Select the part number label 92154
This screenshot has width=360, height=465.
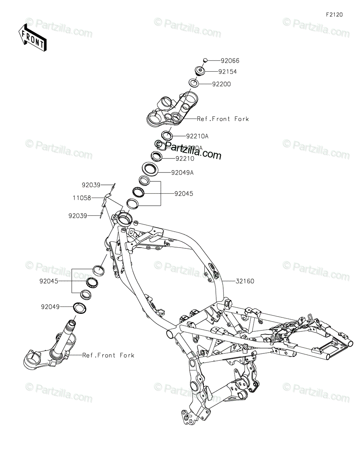pyautogui.click(x=238, y=72)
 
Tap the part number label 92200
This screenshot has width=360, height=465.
pyautogui.click(x=232, y=84)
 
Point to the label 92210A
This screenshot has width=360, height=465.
pyautogui.click(x=197, y=136)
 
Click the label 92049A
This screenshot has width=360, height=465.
pyautogui.click(x=182, y=173)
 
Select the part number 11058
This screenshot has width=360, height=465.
pyautogui.click(x=81, y=198)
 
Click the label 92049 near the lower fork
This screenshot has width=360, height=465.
pyautogui.click(x=50, y=307)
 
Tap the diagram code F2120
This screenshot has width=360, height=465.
pyautogui.click(x=334, y=15)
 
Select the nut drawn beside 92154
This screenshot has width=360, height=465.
pyautogui.click(x=200, y=71)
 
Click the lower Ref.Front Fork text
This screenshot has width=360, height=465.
pyautogui.click(x=108, y=355)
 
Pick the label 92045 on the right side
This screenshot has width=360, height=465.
pyautogui.click(x=183, y=193)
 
